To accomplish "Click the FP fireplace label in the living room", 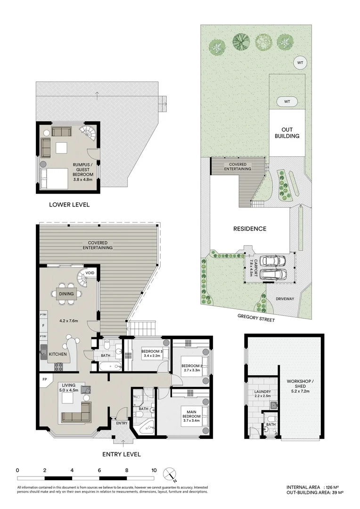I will [x=45, y=379].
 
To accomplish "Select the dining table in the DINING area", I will [x=66, y=294].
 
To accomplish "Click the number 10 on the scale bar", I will [x=154, y=470].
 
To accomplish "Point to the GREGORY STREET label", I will [x=257, y=320].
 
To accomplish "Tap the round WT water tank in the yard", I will [x=299, y=62].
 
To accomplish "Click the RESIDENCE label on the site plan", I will [x=250, y=229].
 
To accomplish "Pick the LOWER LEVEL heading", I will [x=69, y=205].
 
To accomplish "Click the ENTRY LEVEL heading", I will [x=122, y=454].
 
